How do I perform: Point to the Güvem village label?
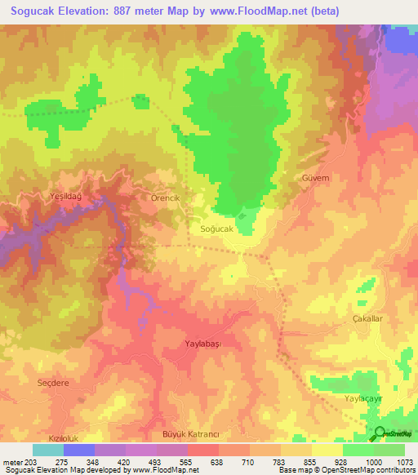coord(315,178)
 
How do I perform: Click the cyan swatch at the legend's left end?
coord(48,450)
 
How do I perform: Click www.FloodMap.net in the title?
coord(257,11)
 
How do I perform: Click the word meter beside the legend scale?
coord(11,461)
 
